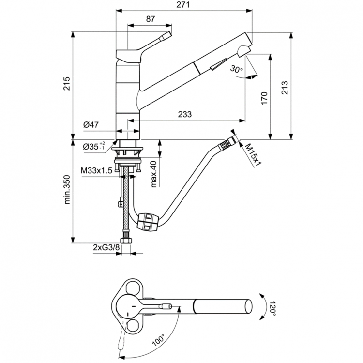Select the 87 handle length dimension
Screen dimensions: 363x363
coord(150,19)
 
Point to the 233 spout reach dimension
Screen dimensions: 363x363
coord(184,115)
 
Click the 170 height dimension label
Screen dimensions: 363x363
coord(264,99)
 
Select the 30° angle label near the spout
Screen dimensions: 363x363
coord(237,69)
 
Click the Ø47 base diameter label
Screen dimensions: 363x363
coord(91,125)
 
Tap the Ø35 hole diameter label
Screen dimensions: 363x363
coord(93,146)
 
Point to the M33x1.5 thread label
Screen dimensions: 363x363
coord(96,171)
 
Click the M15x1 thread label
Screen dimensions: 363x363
coord(252,154)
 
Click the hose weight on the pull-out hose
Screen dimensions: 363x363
coord(148,222)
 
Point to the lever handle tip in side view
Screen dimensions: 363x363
coord(167,35)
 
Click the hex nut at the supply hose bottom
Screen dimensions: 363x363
coord(127,240)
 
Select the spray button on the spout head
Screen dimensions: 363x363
coord(219,62)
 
